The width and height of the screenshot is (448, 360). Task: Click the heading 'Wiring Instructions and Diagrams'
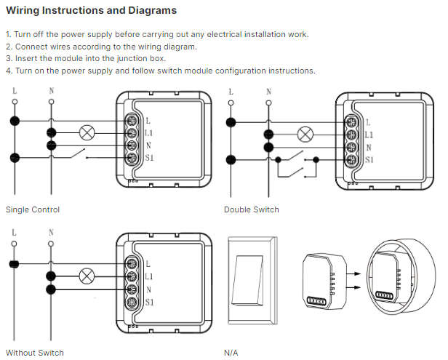91,12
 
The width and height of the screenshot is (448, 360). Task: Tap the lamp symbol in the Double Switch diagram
306,135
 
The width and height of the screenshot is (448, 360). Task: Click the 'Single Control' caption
33,209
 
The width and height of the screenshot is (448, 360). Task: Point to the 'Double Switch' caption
251,209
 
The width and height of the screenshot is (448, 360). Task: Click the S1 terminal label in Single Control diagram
149,158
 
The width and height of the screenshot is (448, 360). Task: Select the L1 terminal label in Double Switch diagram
368,135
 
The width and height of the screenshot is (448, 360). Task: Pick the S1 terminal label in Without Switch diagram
149,302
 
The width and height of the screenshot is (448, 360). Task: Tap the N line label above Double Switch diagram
269,92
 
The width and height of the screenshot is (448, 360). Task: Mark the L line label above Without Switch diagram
15,233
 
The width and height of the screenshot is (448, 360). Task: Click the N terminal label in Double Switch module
367,147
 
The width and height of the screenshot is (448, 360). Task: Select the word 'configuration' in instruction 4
244,71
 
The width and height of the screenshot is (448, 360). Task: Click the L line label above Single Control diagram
15,92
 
